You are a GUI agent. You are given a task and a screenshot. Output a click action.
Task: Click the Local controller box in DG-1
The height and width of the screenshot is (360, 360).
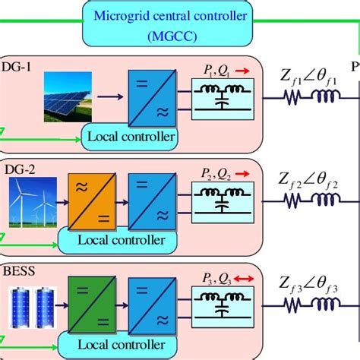click(x=131, y=137)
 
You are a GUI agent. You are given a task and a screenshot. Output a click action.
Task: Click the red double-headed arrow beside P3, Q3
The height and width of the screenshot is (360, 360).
click(x=243, y=277)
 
